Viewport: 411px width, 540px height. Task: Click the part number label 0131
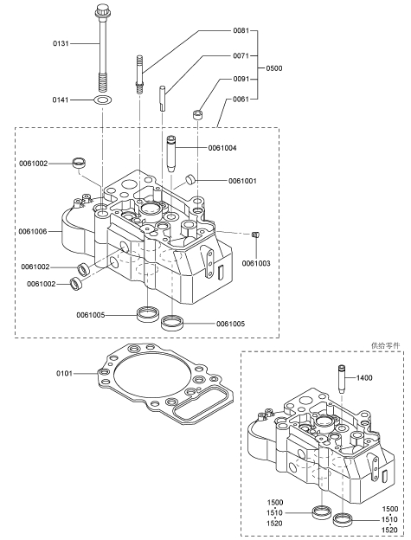(x=61, y=44)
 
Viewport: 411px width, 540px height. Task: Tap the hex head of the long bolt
(x=101, y=10)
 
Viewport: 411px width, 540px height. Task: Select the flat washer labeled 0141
(x=103, y=100)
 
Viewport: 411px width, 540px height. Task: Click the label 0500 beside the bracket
(x=274, y=68)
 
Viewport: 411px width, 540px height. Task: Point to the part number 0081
(x=241, y=30)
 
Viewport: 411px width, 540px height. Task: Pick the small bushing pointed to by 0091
(x=197, y=114)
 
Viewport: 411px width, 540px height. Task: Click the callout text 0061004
(x=222, y=148)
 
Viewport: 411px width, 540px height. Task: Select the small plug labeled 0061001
(x=190, y=179)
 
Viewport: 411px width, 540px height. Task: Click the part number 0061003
(x=256, y=263)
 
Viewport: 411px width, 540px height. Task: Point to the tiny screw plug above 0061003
(x=256, y=235)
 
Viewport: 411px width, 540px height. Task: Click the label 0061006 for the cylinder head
(x=33, y=231)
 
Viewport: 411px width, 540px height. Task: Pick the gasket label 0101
(x=64, y=373)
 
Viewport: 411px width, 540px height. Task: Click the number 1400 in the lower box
(x=364, y=378)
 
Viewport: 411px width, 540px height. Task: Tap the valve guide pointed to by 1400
(x=342, y=378)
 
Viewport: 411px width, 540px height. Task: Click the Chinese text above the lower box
(x=386, y=345)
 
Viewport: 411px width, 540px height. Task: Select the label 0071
(x=241, y=55)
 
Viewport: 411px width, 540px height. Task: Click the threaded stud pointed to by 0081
(x=139, y=74)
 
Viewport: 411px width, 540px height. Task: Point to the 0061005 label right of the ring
(x=231, y=324)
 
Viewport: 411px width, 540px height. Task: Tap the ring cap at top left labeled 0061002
(x=79, y=162)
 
